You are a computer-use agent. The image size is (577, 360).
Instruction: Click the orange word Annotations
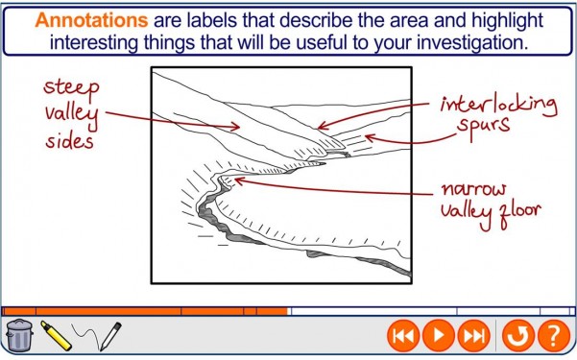point(88,20)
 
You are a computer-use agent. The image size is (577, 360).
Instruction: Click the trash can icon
point(19,335)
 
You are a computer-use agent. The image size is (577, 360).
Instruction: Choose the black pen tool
point(109,333)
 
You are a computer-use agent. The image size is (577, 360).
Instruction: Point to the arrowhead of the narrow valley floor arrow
point(237,179)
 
